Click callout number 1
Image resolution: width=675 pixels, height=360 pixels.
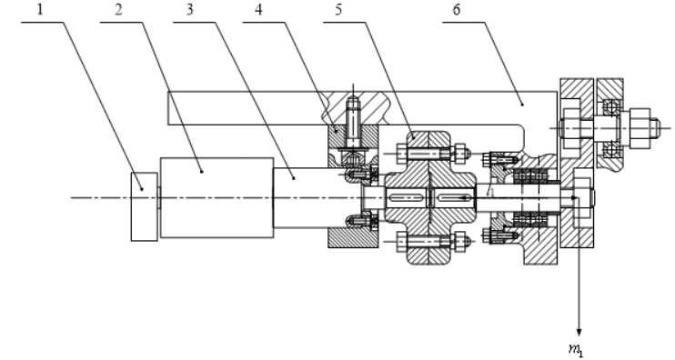(x=40, y=9)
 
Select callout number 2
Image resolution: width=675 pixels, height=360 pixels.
(x=119, y=9)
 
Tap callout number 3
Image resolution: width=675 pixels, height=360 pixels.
(x=190, y=9)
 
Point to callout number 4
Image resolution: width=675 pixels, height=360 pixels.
(x=258, y=9)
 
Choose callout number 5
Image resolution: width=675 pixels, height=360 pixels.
(x=338, y=9)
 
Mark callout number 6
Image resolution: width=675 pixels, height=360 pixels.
(x=457, y=9)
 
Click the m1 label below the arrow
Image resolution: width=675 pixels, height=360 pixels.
(x=576, y=349)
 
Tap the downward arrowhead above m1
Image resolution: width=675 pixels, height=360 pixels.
(x=579, y=333)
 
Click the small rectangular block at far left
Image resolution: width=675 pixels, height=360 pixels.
(x=145, y=207)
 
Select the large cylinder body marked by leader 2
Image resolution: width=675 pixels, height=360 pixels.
(x=217, y=198)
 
